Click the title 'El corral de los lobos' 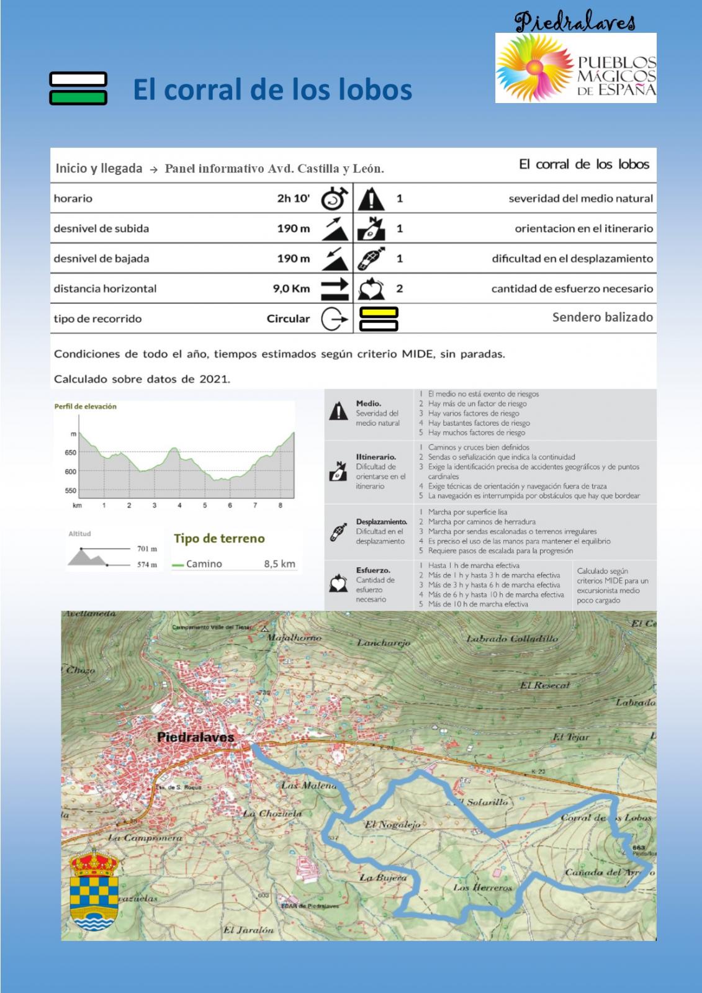tap(272, 89)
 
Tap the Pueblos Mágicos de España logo tap(575, 68)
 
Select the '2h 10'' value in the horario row tap(293, 199)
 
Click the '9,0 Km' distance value tap(291, 289)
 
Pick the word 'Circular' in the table tap(288, 319)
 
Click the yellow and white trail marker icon tap(379, 319)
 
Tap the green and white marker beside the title tap(78, 88)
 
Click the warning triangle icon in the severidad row tap(371, 199)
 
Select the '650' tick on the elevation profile tap(70, 452)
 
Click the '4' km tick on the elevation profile tap(179, 506)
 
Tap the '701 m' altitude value tap(147, 549)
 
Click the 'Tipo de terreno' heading tap(219, 539)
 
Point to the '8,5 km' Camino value tap(279, 564)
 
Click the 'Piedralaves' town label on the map tap(196, 737)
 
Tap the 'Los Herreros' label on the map tap(482, 887)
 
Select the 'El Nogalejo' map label tap(392, 825)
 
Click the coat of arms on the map tap(94, 889)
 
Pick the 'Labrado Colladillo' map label tap(512, 639)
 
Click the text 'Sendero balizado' tap(602, 317)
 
